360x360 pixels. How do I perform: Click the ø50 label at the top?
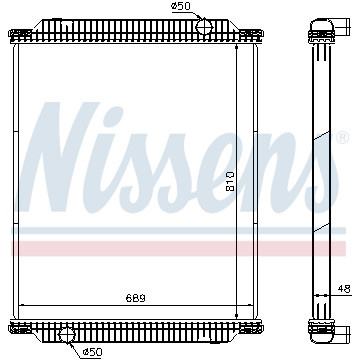coord(181,6)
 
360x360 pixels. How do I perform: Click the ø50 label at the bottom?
coord(92,351)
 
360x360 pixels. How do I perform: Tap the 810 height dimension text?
coord(230,181)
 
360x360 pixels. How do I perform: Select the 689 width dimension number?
coord(136,298)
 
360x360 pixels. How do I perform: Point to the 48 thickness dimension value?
coord(343,289)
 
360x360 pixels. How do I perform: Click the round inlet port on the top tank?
coord(204,26)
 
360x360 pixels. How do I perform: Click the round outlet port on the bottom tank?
coord(67,335)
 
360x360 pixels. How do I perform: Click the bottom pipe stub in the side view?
coord(342,332)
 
